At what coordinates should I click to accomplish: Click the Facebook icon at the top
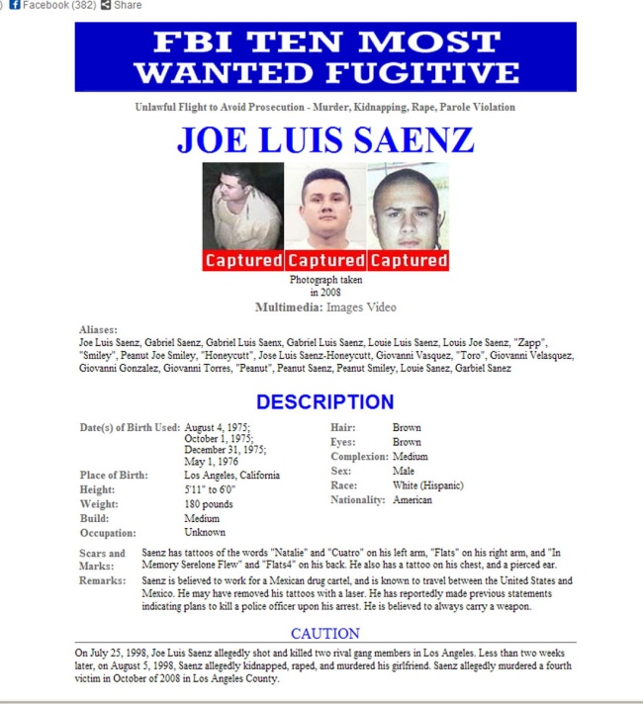point(15,5)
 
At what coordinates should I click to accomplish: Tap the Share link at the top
point(127,5)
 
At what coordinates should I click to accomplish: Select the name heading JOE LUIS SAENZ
point(325,140)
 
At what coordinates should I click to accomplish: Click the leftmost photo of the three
point(242,208)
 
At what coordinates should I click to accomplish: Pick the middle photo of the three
point(325,208)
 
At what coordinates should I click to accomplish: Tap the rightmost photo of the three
point(408,208)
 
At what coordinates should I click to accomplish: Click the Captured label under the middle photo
point(325,261)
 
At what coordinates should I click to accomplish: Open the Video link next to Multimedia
point(382,308)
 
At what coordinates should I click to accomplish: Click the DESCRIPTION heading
point(324,402)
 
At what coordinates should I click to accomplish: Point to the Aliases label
point(98,329)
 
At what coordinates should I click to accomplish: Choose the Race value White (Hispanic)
point(427,485)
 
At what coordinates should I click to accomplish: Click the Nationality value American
point(412,500)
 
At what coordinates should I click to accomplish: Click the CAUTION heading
point(325,633)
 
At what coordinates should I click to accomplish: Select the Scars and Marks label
point(103,560)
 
